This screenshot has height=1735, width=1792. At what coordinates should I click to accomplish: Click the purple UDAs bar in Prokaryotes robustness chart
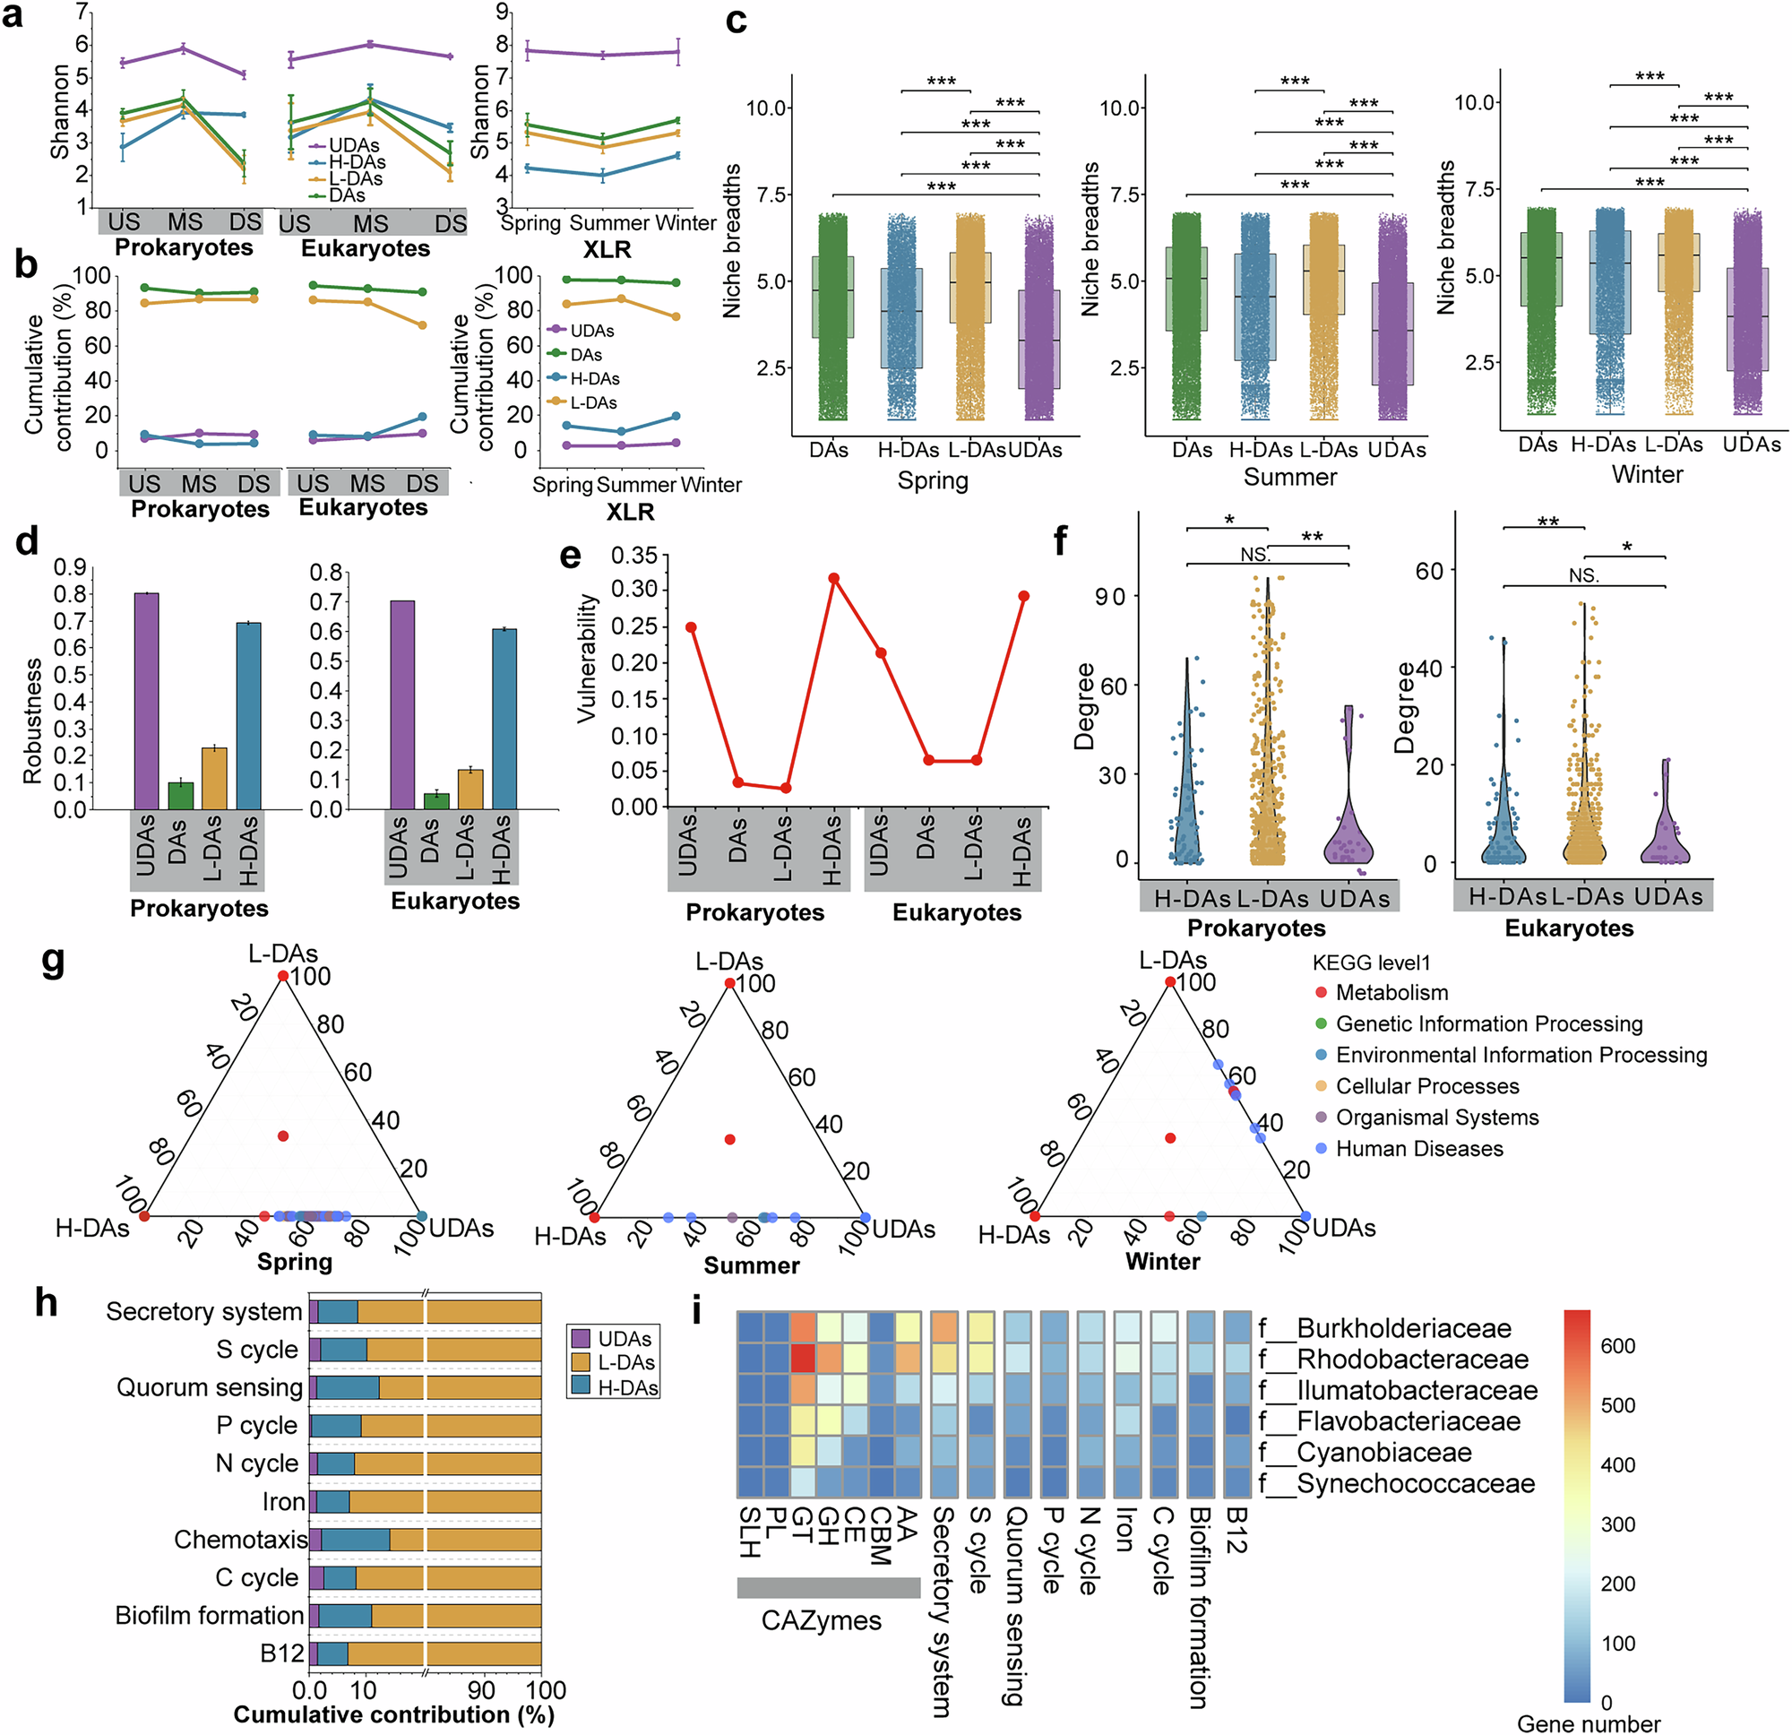(146, 701)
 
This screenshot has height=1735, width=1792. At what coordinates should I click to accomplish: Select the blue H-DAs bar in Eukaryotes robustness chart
(504, 719)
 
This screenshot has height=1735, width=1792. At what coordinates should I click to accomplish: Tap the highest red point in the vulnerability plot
(834, 578)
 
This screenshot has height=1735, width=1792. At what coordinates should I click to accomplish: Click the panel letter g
(54, 962)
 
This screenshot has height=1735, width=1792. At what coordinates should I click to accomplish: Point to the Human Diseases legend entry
(1418, 1149)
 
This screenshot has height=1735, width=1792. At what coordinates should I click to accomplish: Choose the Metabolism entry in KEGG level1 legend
(1391, 992)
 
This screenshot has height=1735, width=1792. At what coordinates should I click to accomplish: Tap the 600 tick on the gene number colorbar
(1617, 1346)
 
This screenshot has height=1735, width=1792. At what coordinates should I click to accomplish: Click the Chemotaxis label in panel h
(240, 1540)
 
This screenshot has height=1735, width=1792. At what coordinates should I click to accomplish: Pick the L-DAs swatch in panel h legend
(580, 1363)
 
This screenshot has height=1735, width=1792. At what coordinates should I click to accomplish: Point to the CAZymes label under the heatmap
(821, 1620)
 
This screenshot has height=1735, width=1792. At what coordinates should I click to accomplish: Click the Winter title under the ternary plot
(1162, 1261)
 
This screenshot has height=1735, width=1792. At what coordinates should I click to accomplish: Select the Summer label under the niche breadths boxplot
(1289, 477)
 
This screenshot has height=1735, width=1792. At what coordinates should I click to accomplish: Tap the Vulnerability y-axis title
(587, 659)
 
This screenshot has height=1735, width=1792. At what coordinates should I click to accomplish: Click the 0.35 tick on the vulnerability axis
(633, 555)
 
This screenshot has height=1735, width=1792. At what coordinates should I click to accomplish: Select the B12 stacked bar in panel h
(425, 1653)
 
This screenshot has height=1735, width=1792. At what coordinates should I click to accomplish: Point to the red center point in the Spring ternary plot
(283, 1136)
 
